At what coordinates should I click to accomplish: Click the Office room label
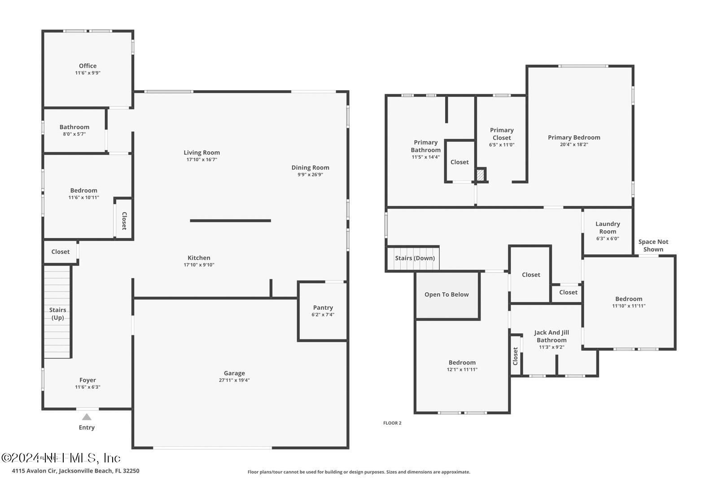(88, 66)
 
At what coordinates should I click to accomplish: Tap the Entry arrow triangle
(87, 417)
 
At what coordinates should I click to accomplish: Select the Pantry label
(323, 308)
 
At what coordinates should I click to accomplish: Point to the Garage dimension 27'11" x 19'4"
(234, 380)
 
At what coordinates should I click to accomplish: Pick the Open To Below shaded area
(447, 295)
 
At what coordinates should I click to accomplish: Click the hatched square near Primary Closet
(481, 175)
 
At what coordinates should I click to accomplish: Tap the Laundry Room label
(608, 228)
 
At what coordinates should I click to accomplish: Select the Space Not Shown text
(653, 246)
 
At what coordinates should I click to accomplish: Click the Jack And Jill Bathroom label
(552, 336)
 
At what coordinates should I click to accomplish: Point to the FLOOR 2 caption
(392, 423)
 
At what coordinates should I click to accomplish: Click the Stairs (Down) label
(415, 258)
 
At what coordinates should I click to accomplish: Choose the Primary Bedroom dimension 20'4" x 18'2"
(574, 145)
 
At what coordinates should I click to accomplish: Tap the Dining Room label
(310, 167)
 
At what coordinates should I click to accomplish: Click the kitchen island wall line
(230, 220)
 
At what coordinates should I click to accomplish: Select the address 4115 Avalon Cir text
(75, 471)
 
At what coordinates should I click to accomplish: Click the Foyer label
(88, 380)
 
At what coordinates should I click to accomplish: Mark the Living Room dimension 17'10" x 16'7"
(201, 160)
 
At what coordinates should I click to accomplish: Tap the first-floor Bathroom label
(74, 127)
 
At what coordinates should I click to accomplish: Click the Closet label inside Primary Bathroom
(460, 162)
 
